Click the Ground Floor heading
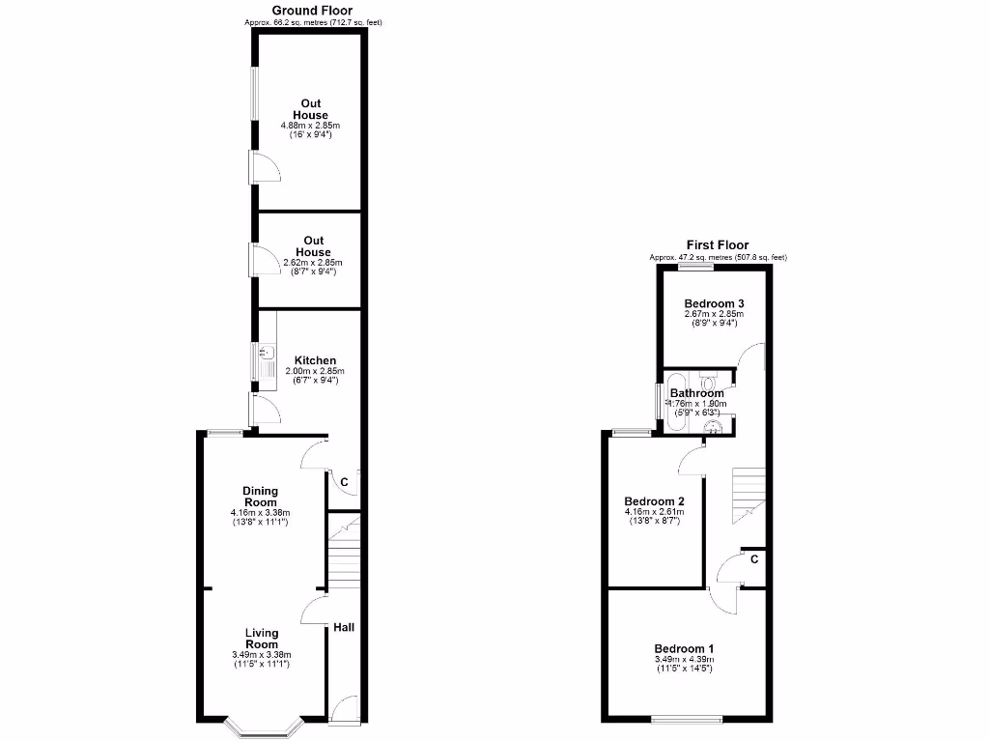pos(304,11)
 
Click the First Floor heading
pos(718,245)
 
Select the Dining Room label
pos(261,497)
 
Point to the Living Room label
pos(261,639)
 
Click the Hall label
pos(344,628)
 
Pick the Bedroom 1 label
pos(684,648)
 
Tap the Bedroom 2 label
pos(654,501)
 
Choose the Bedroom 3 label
pos(715,302)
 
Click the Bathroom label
pos(696,393)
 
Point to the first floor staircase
pos(748,493)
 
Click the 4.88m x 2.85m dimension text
pos(310,126)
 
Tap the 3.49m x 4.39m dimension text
pos(684,660)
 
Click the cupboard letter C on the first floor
pos(753,558)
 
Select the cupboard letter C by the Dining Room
pos(344,481)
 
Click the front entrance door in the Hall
pos(344,710)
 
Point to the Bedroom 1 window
pos(686,718)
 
